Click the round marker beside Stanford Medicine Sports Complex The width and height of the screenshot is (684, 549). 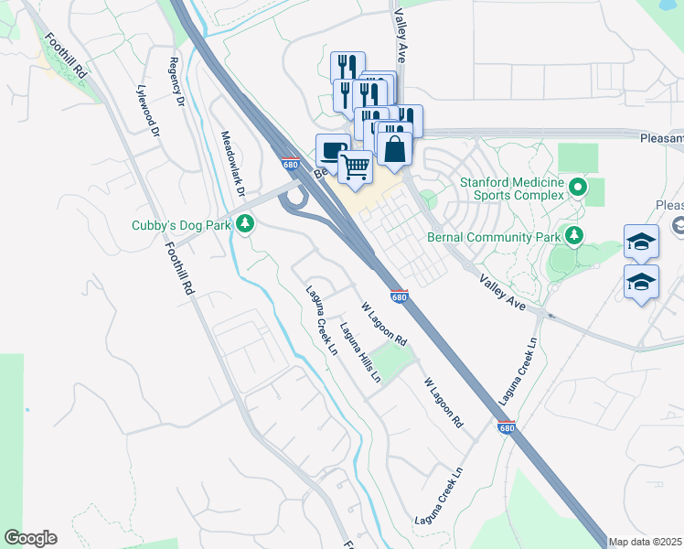578,188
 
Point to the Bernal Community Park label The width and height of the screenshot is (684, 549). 493,237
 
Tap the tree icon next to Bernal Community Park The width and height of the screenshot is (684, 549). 573,236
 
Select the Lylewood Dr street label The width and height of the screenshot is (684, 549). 147,111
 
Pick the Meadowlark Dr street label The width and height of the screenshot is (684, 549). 233,164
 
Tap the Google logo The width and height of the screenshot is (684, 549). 30,538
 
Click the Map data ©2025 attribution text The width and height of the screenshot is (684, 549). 646,542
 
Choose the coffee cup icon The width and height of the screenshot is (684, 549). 333,149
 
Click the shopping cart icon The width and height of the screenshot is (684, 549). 355,167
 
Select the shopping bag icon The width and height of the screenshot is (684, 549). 394,148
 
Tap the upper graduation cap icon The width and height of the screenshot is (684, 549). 641,242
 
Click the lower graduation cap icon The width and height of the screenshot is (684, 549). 641,282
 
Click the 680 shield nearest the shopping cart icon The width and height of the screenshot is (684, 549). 290,165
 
